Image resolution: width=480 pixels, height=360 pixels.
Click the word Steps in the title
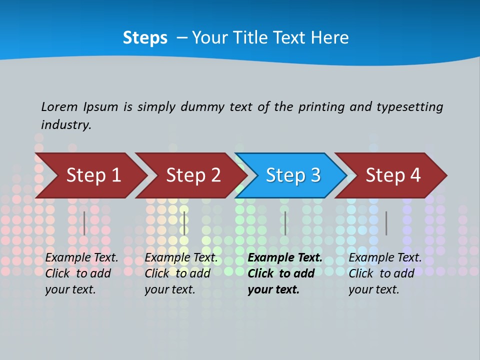point(145,38)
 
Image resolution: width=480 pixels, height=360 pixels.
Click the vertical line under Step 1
point(84,223)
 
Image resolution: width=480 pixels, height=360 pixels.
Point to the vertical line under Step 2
point(184,223)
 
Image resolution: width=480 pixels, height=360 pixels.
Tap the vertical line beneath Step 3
point(285,223)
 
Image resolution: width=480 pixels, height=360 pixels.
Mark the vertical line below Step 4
point(386,223)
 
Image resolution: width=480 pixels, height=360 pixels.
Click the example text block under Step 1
point(81,273)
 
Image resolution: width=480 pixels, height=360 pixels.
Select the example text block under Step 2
point(180,273)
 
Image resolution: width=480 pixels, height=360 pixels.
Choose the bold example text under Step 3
point(284,273)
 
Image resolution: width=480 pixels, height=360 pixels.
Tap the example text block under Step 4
point(384,273)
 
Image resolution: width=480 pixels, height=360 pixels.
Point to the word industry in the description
point(66,125)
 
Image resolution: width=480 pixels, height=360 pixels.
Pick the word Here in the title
point(329,38)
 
